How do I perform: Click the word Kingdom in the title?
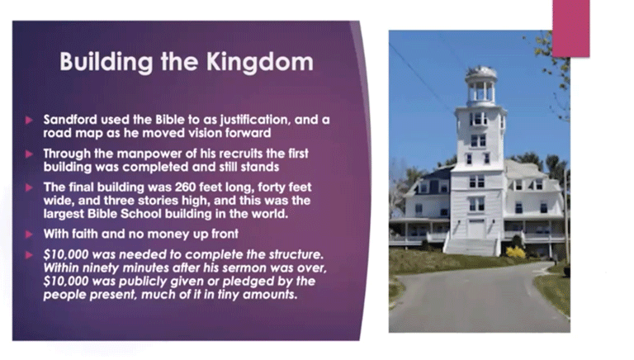pos(259,62)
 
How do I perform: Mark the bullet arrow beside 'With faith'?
pos(29,234)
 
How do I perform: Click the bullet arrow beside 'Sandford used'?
pos(29,120)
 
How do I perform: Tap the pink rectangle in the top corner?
pos(571,28)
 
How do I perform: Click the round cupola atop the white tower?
pos(480,86)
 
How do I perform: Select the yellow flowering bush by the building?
pos(516,253)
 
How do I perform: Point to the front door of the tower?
pos(475,229)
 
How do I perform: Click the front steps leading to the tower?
pos(471,247)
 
